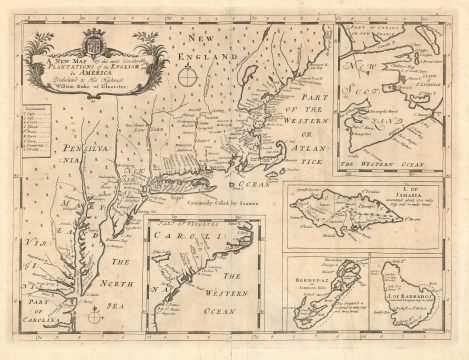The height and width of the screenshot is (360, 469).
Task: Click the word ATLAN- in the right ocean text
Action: (304, 160)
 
